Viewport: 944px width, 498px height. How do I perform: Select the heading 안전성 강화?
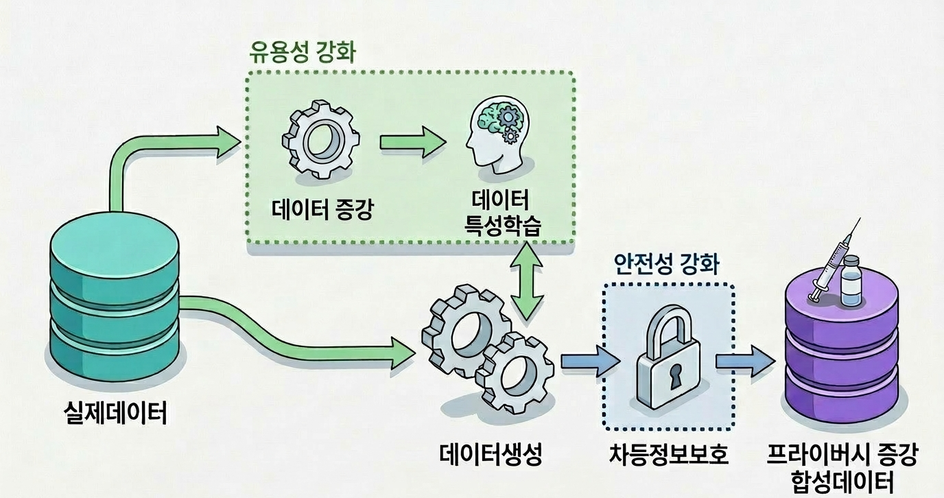666,264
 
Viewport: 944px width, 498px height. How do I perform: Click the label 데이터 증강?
320,207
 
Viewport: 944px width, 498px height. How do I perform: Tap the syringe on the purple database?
832,265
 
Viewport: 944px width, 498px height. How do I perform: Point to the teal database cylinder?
115,303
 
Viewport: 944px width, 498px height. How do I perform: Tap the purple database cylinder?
842,357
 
